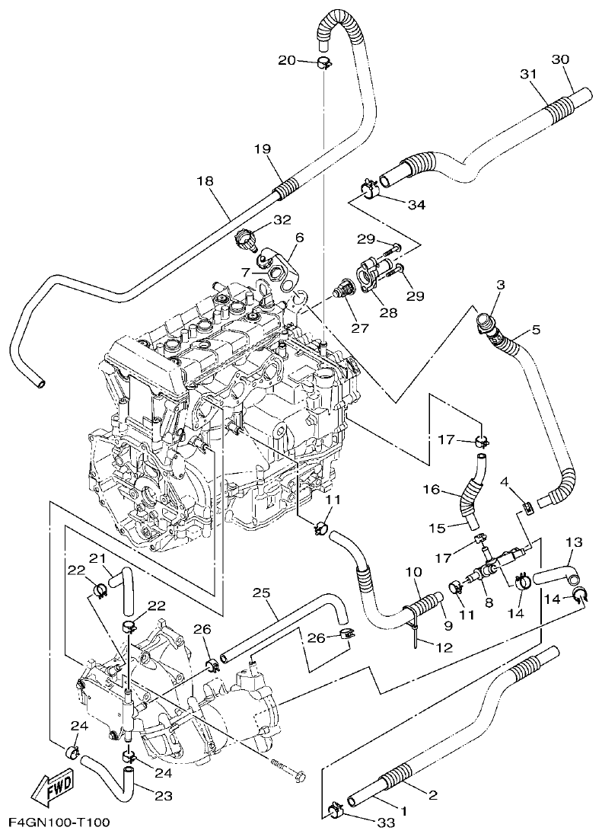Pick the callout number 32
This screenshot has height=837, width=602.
tap(261, 220)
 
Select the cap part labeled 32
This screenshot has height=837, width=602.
tap(246, 240)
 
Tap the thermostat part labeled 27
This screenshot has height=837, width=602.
tap(345, 290)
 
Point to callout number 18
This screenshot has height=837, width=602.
tap(204, 180)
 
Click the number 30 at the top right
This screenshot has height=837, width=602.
tap(560, 59)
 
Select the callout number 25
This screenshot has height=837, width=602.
tap(261, 592)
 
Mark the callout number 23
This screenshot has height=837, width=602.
tap(164, 796)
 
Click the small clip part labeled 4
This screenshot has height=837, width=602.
tap(524, 508)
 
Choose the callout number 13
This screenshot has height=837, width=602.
tap(573, 541)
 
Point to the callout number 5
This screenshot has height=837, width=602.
tap(536, 330)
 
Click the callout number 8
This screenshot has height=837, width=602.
tap(489, 602)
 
